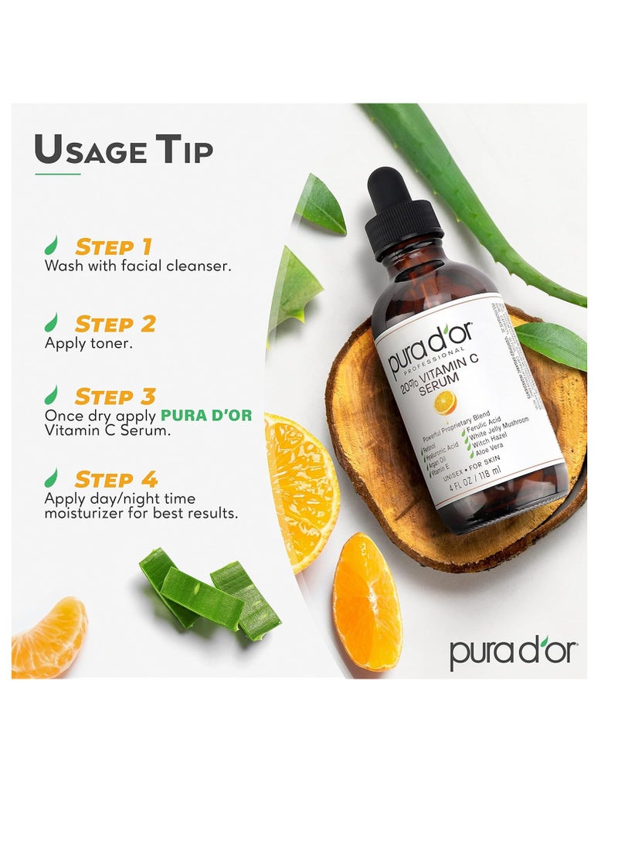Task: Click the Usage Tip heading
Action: (124, 150)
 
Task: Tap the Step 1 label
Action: (113, 247)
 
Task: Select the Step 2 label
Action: (114, 323)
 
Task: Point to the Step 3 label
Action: (114, 397)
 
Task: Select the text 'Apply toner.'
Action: (88, 342)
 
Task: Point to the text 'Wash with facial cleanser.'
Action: (138, 266)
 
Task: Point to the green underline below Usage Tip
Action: (58, 174)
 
